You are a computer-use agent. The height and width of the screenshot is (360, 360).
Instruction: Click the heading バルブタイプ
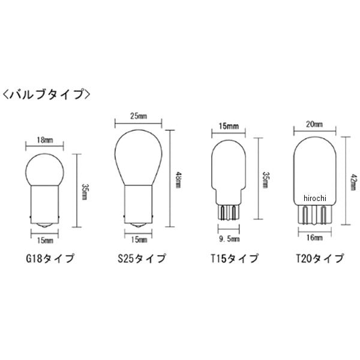[x=47, y=94]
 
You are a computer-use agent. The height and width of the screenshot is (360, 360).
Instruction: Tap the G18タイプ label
[x=50, y=259]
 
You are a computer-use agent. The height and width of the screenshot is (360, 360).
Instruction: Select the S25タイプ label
[x=142, y=259]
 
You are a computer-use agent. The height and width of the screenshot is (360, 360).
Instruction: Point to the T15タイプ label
[x=235, y=259]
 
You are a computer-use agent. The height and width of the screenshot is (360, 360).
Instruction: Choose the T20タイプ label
[x=320, y=259]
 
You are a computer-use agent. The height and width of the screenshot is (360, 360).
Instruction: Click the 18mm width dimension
[x=45, y=140]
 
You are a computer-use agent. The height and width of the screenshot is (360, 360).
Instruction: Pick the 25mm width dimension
[x=139, y=116]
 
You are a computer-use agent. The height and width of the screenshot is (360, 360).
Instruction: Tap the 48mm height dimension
[x=178, y=180]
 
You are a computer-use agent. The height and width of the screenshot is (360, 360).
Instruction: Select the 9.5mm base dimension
[x=229, y=239]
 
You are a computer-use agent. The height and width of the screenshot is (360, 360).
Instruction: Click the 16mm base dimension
[x=314, y=238]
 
